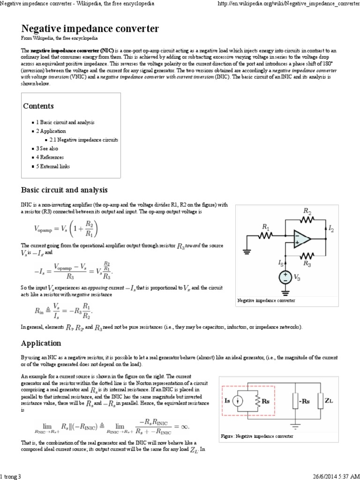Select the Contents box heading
point(38,106)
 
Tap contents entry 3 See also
point(48,149)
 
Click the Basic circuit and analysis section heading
point(64,190)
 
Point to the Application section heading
point(41,343)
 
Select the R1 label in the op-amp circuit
point(266,227)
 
